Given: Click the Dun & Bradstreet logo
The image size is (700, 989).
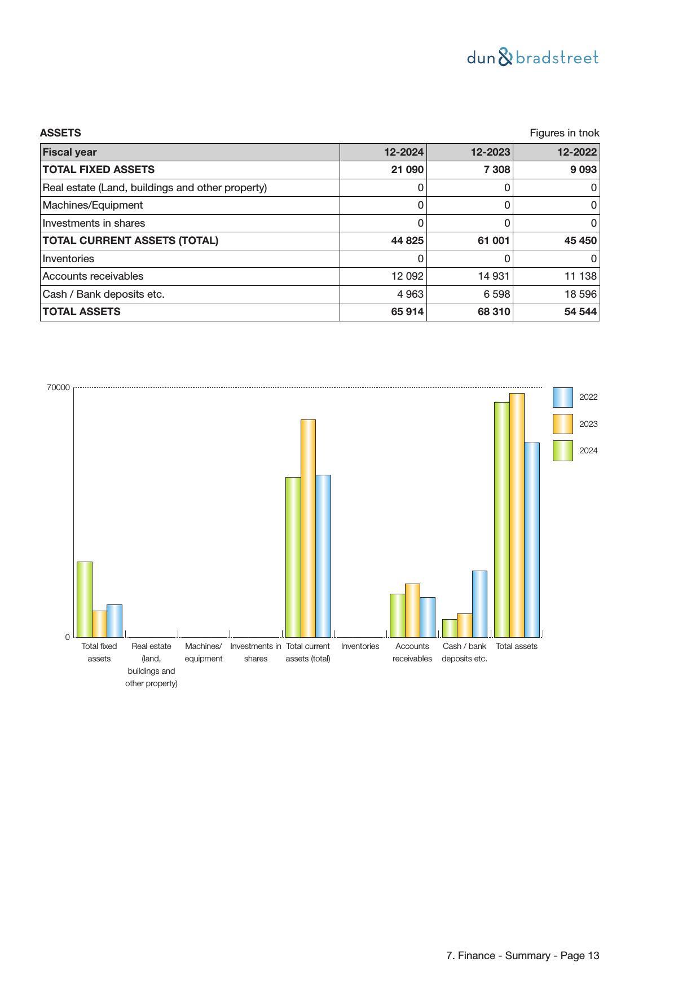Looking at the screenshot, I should (532, 58).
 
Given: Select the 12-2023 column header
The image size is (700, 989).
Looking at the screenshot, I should (490, 152).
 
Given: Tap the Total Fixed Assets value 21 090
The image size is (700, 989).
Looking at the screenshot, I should (407, 170).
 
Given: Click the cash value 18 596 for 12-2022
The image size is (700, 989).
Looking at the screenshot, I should (580, 294).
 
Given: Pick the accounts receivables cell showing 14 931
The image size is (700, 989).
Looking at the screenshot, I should (494, 276).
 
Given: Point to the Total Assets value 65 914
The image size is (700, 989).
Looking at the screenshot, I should (407, 312).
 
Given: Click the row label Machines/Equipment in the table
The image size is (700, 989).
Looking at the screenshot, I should (93, 205).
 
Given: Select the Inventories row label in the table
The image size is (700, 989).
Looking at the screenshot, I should (68, 259).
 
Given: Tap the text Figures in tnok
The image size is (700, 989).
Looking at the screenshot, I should (564, 133).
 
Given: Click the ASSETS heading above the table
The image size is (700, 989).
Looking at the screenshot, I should (60, 133).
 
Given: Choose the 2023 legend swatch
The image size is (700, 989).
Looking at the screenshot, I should (562, 424).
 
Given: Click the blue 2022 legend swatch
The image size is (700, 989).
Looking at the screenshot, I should (562, 398).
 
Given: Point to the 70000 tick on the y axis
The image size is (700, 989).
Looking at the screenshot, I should (58, 388).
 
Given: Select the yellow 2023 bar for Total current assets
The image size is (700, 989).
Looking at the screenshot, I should (308, 528).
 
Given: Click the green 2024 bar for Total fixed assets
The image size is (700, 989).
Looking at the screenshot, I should (85, 599).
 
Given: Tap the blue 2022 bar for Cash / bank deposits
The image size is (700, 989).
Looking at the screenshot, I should (479, 603).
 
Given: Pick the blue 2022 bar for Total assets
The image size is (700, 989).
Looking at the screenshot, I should (532, 540).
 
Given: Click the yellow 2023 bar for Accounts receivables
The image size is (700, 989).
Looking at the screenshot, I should (412, 610).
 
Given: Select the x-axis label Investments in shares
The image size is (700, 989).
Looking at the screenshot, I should (256, 652).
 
